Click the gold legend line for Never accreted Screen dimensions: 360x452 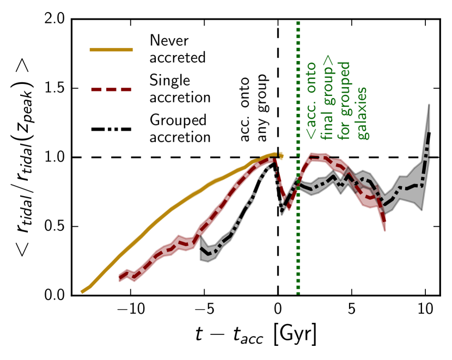pos(112,49)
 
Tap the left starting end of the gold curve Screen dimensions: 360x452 pos(82,292)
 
